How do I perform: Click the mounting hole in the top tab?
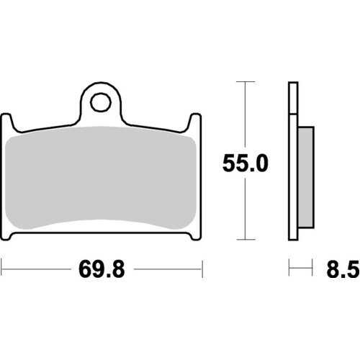(101, 99)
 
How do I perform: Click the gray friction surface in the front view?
(101, 180)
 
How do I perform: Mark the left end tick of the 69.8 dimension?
(2, 270)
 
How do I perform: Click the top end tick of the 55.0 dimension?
(246, 83)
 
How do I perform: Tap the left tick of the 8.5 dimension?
(289, 270)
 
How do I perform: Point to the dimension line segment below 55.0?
(246, 209)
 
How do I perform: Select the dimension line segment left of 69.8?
(36, 270)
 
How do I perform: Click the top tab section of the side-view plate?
(292, 97)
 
